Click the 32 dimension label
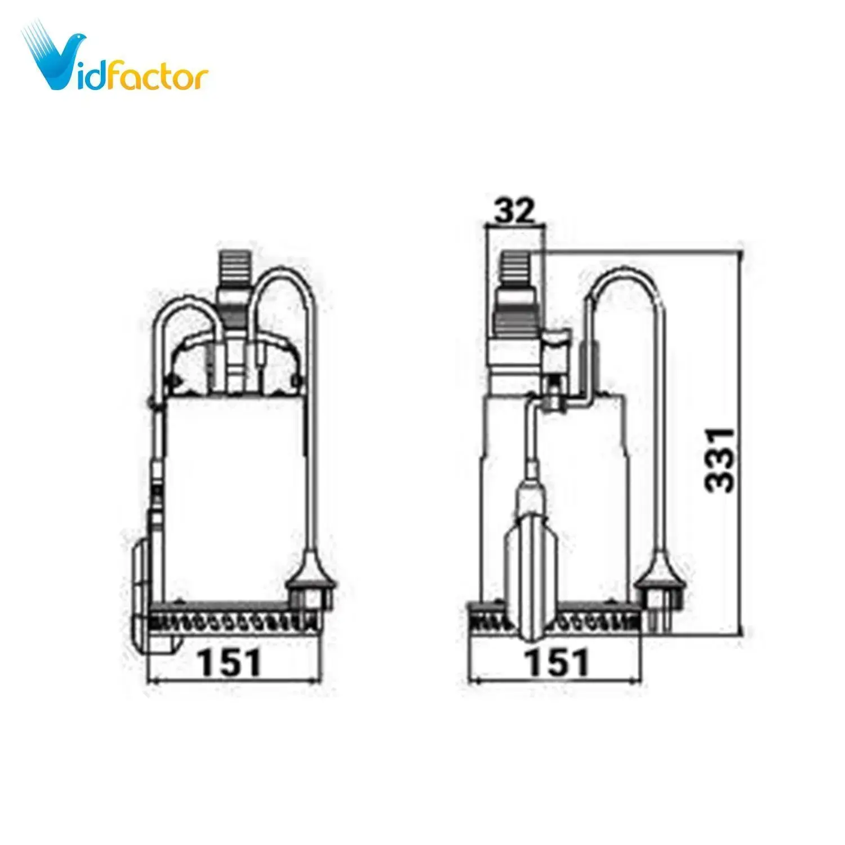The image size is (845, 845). tap(514, 211)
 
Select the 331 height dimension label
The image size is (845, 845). tap(721, 460)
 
